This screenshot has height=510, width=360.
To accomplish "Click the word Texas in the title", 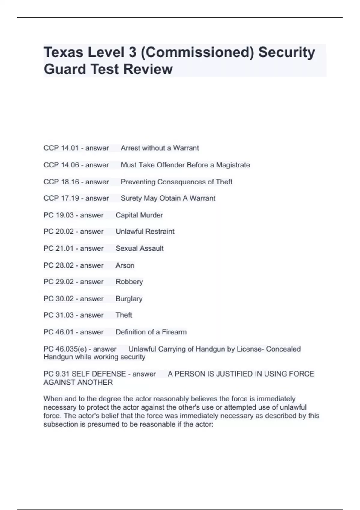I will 63,52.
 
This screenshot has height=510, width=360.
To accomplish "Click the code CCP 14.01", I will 61,148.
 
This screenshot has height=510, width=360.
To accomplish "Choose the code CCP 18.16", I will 61,182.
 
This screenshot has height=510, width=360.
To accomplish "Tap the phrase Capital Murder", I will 139,215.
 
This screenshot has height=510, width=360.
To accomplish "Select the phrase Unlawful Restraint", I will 145,232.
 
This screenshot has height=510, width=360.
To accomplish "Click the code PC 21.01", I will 58,248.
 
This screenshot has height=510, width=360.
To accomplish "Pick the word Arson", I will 125,265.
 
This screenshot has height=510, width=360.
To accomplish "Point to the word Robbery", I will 129,282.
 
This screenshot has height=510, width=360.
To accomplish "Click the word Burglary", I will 129,299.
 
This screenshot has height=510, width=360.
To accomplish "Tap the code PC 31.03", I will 58,315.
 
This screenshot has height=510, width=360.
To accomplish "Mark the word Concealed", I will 283,349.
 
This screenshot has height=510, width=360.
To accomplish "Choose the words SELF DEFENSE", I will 99,374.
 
